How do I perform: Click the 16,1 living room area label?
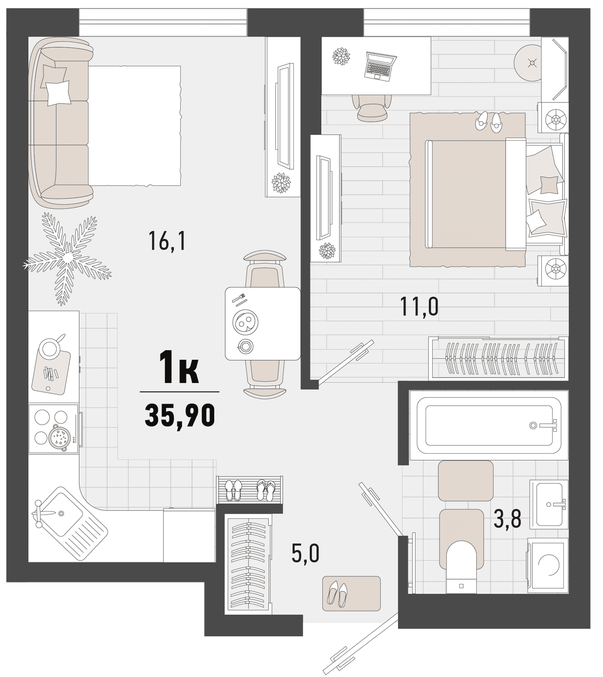point(167,241)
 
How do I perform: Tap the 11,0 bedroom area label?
point(419,307)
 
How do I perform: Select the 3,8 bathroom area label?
point(508,519)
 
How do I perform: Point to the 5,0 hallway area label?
point(306,554)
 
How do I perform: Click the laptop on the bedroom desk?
point(381,66)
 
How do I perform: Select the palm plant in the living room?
point(67,258)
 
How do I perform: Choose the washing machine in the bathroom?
point(548,565)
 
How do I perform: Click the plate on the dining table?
point(246,322)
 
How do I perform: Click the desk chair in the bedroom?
point(372,107)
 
